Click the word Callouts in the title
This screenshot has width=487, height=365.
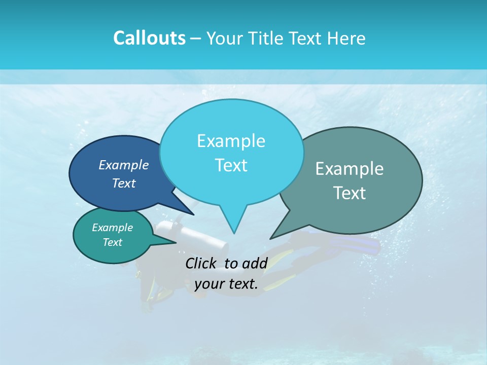click(x=149, y=38)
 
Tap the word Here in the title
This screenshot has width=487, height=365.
click(x=346, y=38)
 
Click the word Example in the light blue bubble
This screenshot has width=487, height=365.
click(x=231, y=141)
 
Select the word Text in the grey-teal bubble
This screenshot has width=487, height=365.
click(x=350, y=193)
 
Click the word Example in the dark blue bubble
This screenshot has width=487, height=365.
click(x=124, y=165)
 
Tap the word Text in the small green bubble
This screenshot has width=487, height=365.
click(x=113, y=242)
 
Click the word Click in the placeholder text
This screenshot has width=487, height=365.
click(x=201, y=263)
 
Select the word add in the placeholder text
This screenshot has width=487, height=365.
click(x=255, y=263)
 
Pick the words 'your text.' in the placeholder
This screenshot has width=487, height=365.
click(x=226, y=284)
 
